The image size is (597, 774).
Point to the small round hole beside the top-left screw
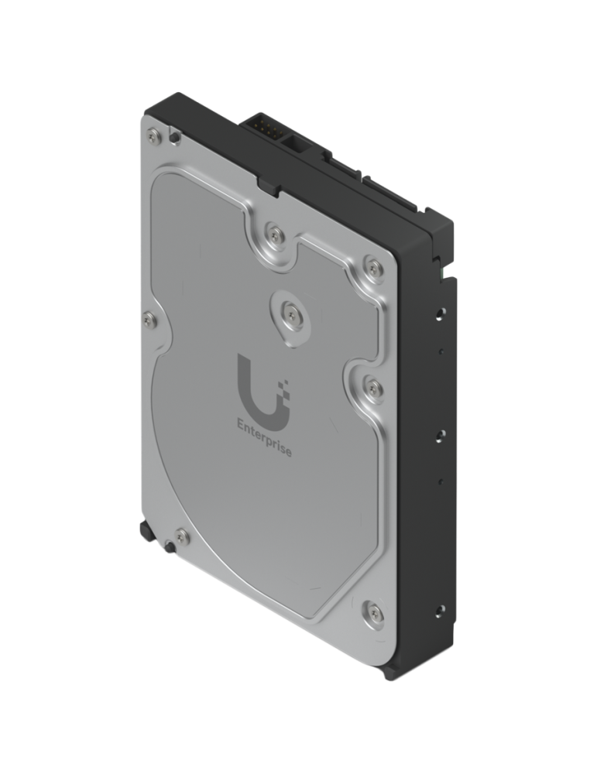(176, 138)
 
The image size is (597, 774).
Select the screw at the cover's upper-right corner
(376, 269)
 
